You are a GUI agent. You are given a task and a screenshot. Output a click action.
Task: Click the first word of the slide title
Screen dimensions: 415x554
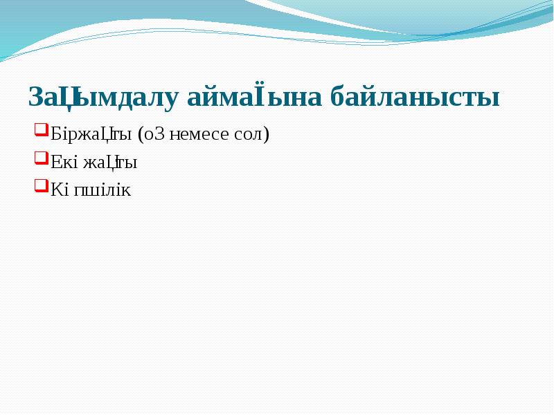pyautogui.click(x=103, y=98)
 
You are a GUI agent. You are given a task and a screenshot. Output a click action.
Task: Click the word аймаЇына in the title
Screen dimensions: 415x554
pyautogui.click(x=256, y=98)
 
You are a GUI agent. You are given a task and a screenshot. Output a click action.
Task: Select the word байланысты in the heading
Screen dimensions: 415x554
pyautogui.click(x=414, y=98)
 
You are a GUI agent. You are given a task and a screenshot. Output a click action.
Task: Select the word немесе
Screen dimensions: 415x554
pyautogui.click(x=206, y=134)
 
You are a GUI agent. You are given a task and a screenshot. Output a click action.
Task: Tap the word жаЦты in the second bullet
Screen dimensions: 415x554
pyautogui.click(x=110, y=163)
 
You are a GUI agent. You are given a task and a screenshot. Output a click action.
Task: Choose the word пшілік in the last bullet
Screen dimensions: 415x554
pyautogui.click(x=102, y=190)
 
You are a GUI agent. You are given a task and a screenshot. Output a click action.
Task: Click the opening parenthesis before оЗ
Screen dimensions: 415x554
pyautogui.click(x=140, y=134)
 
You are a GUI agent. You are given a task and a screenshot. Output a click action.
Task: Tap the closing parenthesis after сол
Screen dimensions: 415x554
pyautogui.click(x=266, y=134)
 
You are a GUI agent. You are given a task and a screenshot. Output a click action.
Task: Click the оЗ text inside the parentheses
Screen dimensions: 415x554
pyautogui.click(x=152, y=134)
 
